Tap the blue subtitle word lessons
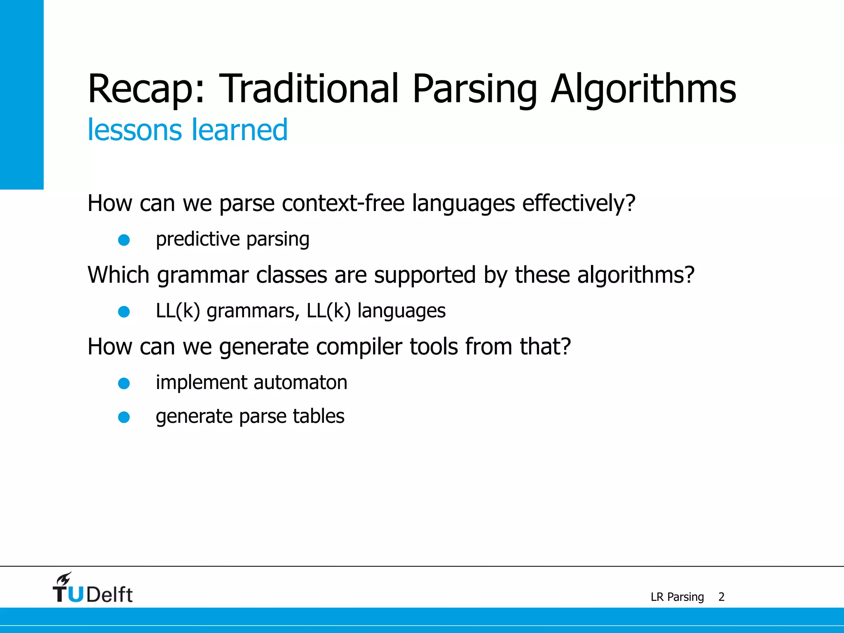tap(134, 130)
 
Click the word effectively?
tap(579, 203)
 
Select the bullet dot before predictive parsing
tap(124, 240)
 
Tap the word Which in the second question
tap(118, 275)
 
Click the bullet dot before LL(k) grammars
tap(124, 312)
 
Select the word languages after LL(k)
tap(401, 311)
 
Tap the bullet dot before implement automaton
tap(124, 383)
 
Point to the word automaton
tap(300, 382)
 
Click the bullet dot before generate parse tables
tap(124, 417)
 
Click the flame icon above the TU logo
tap(64, 579)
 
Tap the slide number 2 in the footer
tap(721, 597)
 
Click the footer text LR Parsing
tap(677, 597)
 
